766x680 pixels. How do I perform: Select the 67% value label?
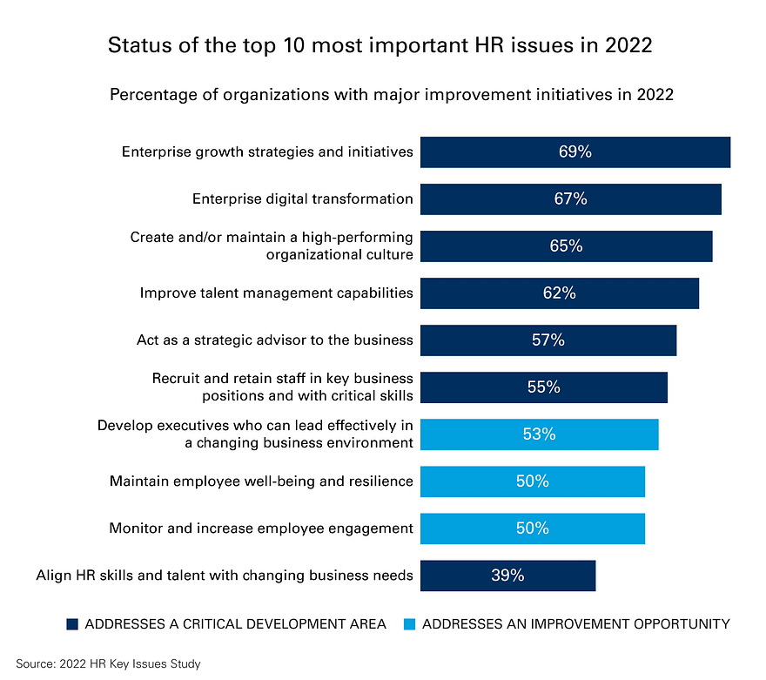tap(570, 199)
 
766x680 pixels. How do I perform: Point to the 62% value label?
tap(559, 293)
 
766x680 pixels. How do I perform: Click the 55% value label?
tap(543, 387)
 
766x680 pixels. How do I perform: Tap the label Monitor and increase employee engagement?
tap(261, 529)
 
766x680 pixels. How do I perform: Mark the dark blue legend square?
tap(72, 623)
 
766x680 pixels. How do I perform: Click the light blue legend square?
tap(410, 623)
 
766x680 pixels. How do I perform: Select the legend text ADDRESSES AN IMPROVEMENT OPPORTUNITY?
tap(575, 623)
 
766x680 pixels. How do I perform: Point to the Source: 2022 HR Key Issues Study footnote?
tap(108, 664)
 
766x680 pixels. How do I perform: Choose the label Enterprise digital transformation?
tap(303, 199)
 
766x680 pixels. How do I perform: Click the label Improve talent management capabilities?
tap(276, 293)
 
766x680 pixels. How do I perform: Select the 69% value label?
tap(575, 151)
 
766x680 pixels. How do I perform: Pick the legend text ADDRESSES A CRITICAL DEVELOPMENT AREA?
tap(235, 623)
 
